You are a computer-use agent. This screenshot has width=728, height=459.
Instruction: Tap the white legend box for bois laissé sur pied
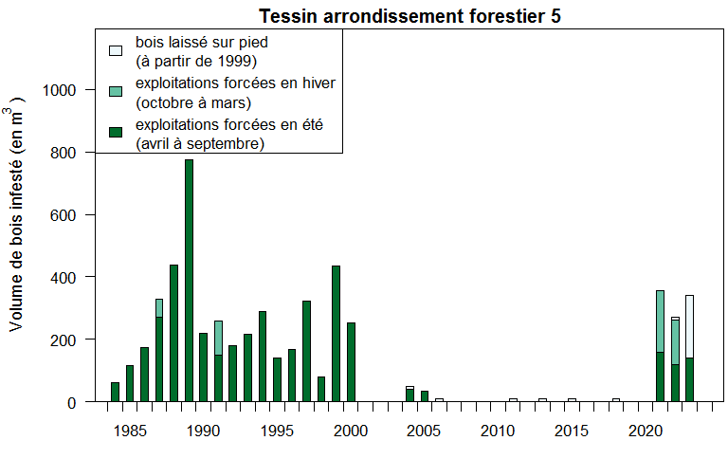point(116,50)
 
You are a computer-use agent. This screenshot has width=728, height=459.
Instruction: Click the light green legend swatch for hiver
point(116,91)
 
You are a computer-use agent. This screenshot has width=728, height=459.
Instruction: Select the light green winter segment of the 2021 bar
point(660,321)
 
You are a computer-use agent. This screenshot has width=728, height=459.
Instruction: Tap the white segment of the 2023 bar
point(689,325)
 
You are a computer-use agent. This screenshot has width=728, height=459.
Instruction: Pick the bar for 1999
point(336,333)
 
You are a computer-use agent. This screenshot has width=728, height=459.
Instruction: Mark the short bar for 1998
point(321,389)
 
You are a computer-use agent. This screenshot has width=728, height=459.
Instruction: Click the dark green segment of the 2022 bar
point(675,382)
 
